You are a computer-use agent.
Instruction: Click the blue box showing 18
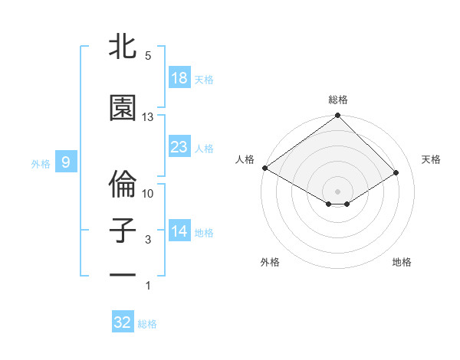pos(179,78)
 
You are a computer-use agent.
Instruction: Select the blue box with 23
pos(179,147)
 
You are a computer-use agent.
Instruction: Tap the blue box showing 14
pos(179,231)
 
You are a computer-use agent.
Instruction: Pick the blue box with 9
pos(66,162)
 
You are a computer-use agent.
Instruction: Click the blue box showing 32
pos(123,322)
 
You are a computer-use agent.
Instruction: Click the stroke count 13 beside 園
pos(148,117)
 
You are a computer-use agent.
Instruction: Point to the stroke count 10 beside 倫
pos(148,194)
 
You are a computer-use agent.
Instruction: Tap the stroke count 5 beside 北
pos(148,56)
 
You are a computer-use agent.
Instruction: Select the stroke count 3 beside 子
pos(148,240)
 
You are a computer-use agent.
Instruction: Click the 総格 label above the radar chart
pos(338,100)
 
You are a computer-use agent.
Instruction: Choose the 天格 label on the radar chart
pos(431,159)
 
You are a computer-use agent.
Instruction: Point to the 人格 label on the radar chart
pos(245,159)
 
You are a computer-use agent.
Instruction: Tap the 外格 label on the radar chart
pos(270,263)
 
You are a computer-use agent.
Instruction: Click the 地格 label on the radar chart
pos(402,263)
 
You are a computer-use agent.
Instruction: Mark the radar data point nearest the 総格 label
pos(338,116)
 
